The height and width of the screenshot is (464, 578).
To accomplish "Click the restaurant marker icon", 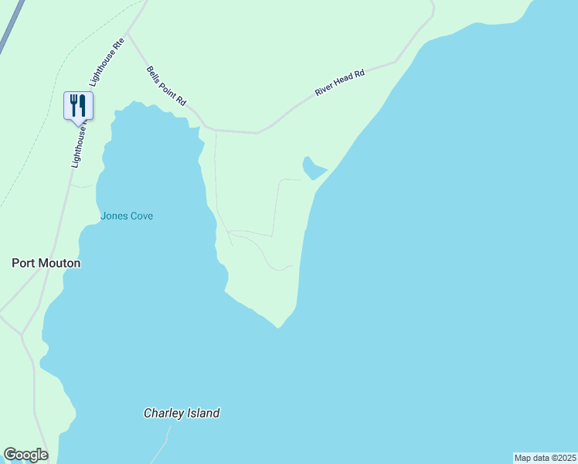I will click(78, 105).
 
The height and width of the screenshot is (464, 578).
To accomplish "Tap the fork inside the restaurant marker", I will click(74, 104).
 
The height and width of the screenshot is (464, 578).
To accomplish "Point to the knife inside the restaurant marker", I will click(82, 104).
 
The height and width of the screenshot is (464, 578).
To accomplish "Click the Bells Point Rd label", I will click(167, 86).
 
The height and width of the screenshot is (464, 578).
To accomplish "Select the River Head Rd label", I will click(339, 81).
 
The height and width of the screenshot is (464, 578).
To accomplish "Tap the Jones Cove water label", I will click(127, 216).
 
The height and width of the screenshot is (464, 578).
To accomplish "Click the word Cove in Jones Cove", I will click(141, 216).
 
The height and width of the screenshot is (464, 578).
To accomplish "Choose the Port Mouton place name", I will click(46, 263).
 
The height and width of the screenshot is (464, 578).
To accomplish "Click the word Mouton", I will click(61, 263).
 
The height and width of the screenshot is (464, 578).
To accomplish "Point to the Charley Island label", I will click(182, 413).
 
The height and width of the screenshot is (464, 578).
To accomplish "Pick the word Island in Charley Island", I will click(202, 413).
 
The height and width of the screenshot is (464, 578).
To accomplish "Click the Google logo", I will click(25, 455).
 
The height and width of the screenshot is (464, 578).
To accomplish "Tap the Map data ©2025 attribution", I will click(545, 458).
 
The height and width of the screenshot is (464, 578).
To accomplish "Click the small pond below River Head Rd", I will click(313, 168).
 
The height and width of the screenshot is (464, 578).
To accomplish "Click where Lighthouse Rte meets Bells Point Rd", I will click(129, 34).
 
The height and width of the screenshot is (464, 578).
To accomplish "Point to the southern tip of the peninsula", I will click(279, 326).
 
